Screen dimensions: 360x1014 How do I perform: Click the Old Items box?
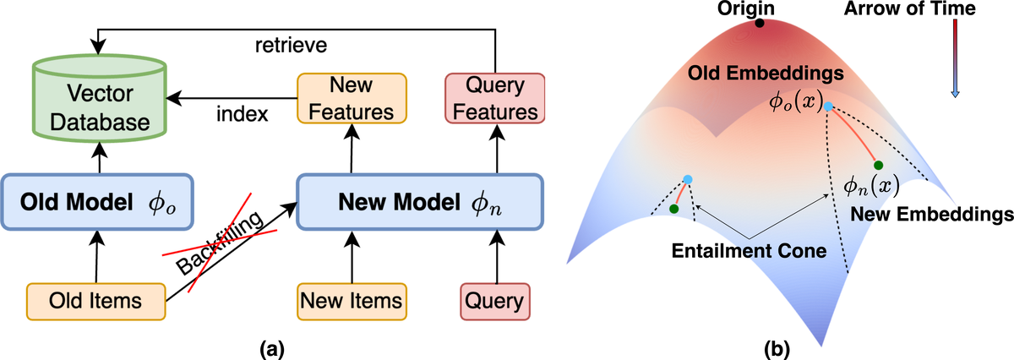tap(98, 301)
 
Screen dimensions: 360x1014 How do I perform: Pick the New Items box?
tap(352, 301)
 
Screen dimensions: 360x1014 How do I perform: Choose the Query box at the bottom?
tap(494, 301)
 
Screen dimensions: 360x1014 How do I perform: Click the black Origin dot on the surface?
tap(760, 23)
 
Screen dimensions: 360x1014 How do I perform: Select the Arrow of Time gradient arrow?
tap(955, 59)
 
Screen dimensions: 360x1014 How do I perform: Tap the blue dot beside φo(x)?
tap(829, 106)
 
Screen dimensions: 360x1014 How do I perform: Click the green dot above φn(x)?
tap(879, 166)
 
